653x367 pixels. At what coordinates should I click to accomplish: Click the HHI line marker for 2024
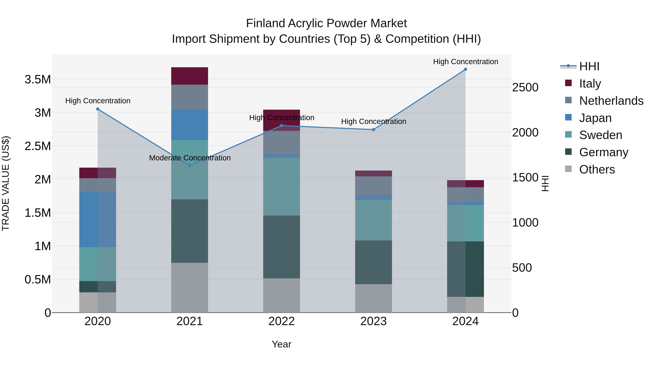[465, 69]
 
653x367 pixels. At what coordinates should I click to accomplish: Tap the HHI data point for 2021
[190, 165]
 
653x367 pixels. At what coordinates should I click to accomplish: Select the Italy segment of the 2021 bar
[190, 76]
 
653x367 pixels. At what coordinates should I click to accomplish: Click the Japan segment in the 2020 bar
[98, 219]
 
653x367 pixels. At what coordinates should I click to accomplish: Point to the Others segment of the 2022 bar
[281, 295]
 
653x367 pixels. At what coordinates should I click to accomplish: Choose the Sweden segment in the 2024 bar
[465, 223]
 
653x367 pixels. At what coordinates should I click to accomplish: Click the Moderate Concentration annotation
[190, 158]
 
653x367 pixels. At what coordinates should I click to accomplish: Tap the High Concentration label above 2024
[465, 62]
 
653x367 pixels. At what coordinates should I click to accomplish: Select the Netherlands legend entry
[611, 101]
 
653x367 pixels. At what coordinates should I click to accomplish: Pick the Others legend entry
[597, 169]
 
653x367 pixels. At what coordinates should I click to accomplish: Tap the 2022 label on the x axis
[281, 321]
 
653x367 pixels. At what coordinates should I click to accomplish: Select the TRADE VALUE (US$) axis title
[6, 183]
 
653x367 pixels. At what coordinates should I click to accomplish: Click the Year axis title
[281, 344]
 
